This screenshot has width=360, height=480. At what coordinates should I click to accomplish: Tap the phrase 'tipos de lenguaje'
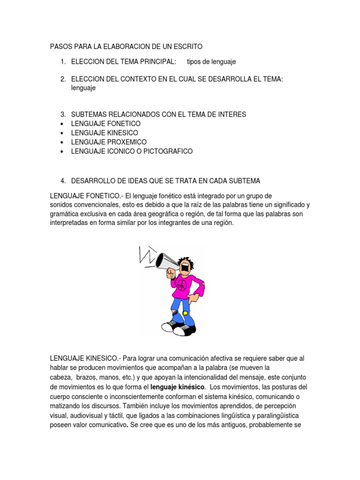(211, 61)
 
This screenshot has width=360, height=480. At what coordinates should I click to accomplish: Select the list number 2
(62, 80)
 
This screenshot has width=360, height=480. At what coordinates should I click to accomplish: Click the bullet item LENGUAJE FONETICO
(105, 123)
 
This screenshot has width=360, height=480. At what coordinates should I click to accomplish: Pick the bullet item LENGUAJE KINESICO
(105, 133)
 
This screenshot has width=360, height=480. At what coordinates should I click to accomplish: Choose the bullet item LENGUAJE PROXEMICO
(109, 142)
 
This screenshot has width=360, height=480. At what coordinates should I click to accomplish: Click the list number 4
(62, 180)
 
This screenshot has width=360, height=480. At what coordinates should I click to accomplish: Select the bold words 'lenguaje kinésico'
(178, 387)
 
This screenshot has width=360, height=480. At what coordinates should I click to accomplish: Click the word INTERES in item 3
(231, 114)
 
